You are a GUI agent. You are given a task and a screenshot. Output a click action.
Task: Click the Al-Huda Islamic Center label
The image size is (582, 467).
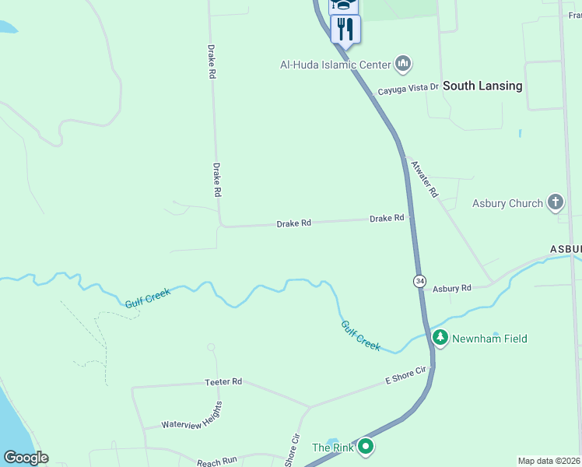336,65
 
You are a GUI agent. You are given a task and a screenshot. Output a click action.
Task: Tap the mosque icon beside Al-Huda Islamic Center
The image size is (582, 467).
403,63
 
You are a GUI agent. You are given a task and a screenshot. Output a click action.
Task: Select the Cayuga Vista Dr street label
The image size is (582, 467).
408,89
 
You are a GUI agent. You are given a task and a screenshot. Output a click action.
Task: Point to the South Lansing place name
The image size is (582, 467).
482,86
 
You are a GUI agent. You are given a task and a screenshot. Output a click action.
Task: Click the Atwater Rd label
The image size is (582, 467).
425,178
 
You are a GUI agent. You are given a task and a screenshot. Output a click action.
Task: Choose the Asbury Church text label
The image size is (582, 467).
507,204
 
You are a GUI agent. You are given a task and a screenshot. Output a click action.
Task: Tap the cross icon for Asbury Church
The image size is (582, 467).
555,203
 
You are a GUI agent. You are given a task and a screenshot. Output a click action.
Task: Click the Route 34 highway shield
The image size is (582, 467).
419,280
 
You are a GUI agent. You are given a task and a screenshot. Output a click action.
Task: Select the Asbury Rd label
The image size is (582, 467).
452,288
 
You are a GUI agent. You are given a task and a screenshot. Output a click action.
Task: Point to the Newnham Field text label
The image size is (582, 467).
490,339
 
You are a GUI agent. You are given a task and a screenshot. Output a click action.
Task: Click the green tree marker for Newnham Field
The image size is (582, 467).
441,338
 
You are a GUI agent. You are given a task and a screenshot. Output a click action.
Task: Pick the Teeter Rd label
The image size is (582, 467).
223,381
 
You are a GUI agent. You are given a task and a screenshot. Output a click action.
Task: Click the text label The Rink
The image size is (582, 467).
332,448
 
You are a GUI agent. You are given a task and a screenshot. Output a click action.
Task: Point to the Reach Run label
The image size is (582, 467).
216,461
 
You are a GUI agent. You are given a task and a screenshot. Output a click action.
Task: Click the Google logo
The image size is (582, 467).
26,458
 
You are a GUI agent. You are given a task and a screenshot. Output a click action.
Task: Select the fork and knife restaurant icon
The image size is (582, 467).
345,30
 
